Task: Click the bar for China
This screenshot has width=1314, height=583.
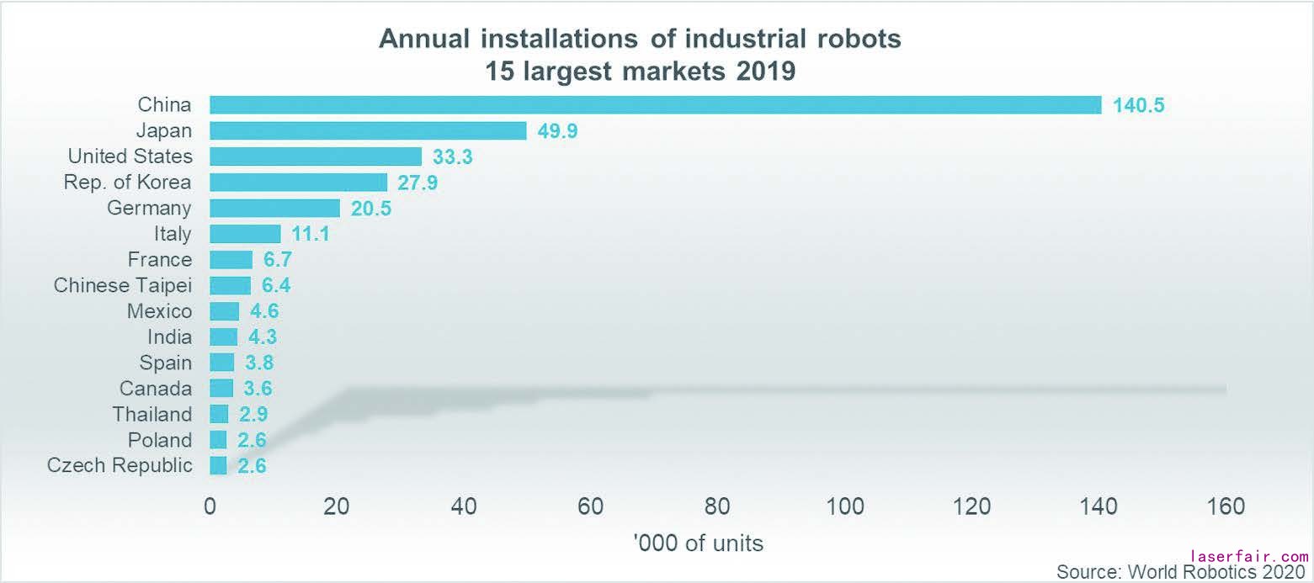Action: pyautogui.click(x=655, y=105)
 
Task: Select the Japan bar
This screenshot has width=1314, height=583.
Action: pyautogui.click(x=368, y=131)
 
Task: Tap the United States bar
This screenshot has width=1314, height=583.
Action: pyautogui.click(x=316, y=156)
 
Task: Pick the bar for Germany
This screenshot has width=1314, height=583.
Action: pyautogui.click(x=274, y=208)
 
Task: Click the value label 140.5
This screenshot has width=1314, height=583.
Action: pyautogui.click(x=1138, y=105)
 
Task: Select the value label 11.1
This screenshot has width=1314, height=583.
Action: pyautogui.click(x=311, y=234)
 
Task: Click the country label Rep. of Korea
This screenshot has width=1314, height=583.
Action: pyautogui.click(x=127, y=183)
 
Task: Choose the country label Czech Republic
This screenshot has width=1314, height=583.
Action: pyautogui.click(x=120, y=465)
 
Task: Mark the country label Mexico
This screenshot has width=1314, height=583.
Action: pyautogui.click(x=159, y=311)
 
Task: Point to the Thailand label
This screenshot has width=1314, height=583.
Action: pyautogui.click(x=152, y=414)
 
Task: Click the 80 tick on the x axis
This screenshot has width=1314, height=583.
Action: pyautogui.click(x=717, y=506)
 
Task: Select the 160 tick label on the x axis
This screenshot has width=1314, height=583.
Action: pyautogui.click(x=1226, y=506)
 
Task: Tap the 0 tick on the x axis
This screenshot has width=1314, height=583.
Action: pyautogui.click(x=210, y=506)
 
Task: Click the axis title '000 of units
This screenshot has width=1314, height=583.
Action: pyautogui.click(x=699, y=543)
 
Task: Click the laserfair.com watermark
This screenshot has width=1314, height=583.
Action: pyautogui.click(x=1250, y=557)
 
